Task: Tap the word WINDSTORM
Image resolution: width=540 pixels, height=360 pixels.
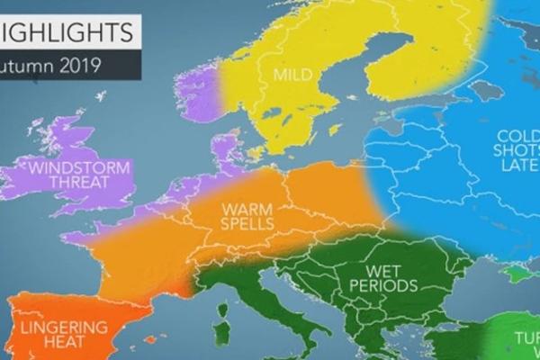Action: point(65,167)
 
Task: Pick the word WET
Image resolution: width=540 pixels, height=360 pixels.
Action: point(382,269)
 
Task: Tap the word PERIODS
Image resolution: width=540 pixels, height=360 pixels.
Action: point(384,286)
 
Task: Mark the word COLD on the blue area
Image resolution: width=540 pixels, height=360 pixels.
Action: point(517,136)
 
